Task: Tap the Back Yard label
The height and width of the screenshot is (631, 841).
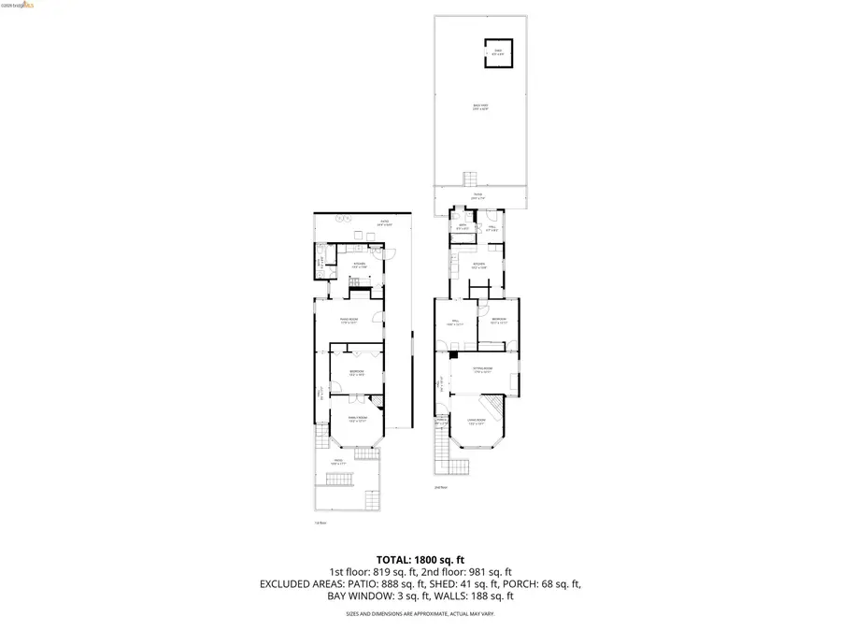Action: pos(480,108)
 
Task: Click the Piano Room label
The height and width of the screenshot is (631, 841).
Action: pos(349,320)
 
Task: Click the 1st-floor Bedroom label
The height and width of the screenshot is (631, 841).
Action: pos(356,372)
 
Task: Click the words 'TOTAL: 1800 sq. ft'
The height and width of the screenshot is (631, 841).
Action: pos(420,558)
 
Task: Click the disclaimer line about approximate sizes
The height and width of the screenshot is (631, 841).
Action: pos(420,613)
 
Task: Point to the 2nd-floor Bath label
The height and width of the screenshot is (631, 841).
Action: pos(462,226)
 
